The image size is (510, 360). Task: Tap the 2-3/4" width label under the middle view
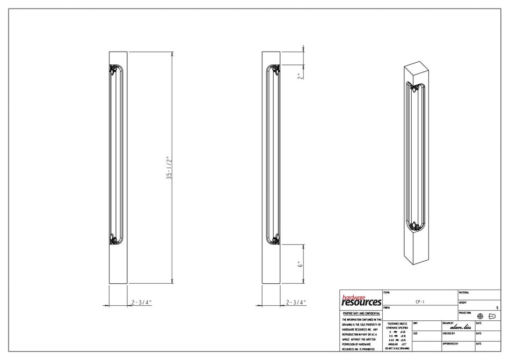click(x=296, y=303)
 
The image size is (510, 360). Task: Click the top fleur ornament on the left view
click(x=113, y=70)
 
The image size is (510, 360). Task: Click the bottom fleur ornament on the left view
click(x=113, y=239)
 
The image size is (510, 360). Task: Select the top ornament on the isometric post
click(x=414, y=87)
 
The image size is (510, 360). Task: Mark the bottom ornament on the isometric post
click(x=414, y=227)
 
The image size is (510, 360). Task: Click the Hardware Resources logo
click(x=361, y=300)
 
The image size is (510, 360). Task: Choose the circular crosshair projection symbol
click(x=480, y=316)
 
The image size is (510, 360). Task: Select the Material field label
click(x=464, y=292)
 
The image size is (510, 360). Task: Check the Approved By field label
click(x=450, y=343)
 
